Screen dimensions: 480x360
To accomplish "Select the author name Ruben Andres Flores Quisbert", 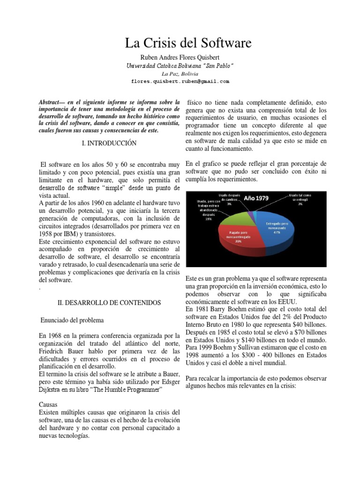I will tap(180, 58).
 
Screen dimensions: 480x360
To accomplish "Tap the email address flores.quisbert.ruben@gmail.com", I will tap(180, 81).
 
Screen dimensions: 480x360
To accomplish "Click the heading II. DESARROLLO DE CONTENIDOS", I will tap(109, 303).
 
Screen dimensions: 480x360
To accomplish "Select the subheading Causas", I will tap(48, 404).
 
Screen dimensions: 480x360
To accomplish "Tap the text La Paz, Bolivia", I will tap(180, 74).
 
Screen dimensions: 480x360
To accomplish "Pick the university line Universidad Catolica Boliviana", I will tap(180, 66).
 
